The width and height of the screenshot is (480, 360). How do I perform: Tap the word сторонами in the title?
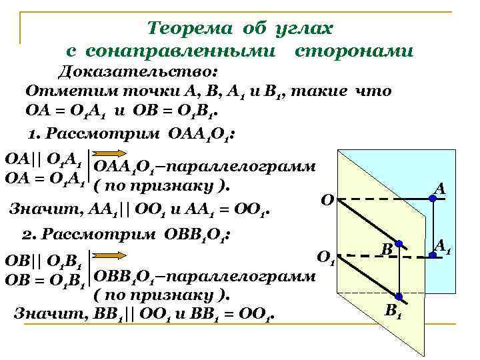tap(353, 51)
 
